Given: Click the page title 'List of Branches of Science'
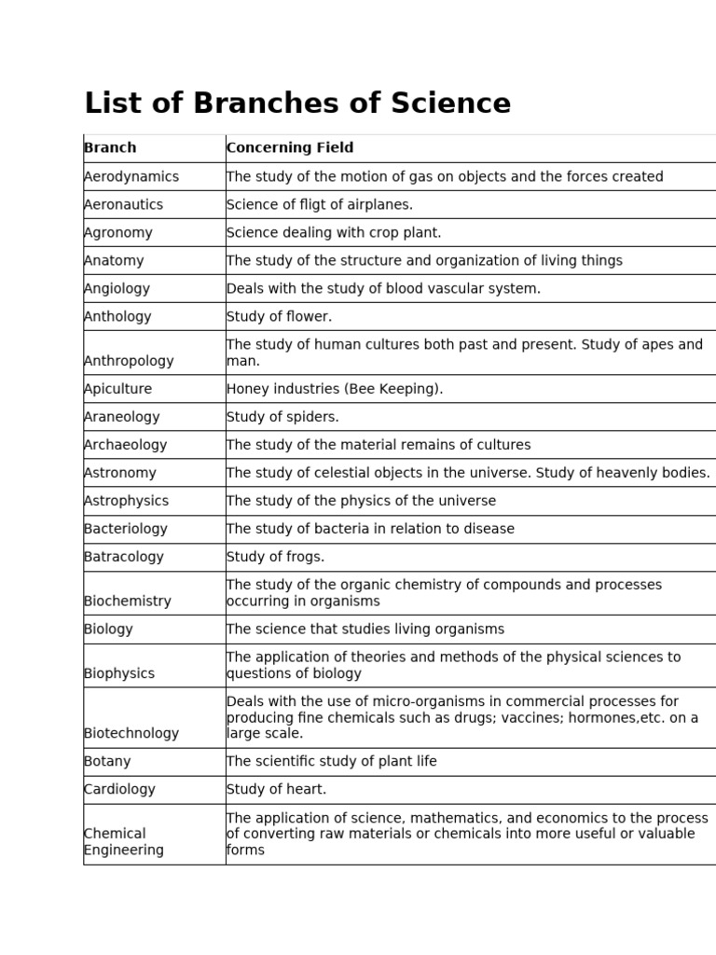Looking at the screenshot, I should (x=297, y=104).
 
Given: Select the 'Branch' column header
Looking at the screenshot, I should (x=110, y=147).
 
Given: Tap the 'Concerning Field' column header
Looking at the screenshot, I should (x=290, y=147).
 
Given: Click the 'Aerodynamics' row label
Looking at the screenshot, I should (x=131, y=176).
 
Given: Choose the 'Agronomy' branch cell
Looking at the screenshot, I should (x=118, y=232).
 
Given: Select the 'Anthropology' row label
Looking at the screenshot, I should (x=129, y=361).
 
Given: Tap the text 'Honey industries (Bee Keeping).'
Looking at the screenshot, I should (x=335, y=389).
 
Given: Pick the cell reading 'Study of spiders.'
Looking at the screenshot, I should (x=282, y=417).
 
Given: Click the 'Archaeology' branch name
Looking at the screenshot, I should (x=126, y=445).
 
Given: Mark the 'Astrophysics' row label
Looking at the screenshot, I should (x=127, y=501).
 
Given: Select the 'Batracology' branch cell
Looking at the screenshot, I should (x=124, y=557).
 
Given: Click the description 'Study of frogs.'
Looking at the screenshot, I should (x=275, y=557).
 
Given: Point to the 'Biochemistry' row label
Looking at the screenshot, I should (x=128, y=602).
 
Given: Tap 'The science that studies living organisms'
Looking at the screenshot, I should (x=365, y=630).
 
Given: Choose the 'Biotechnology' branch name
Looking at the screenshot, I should (x=131, y=733).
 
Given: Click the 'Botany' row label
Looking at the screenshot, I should (x=107, y=761).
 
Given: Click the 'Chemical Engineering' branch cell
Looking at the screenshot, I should (x=124, y=841).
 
